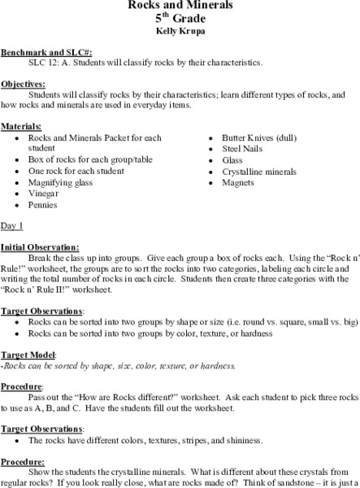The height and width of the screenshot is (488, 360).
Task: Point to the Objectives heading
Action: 23,83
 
